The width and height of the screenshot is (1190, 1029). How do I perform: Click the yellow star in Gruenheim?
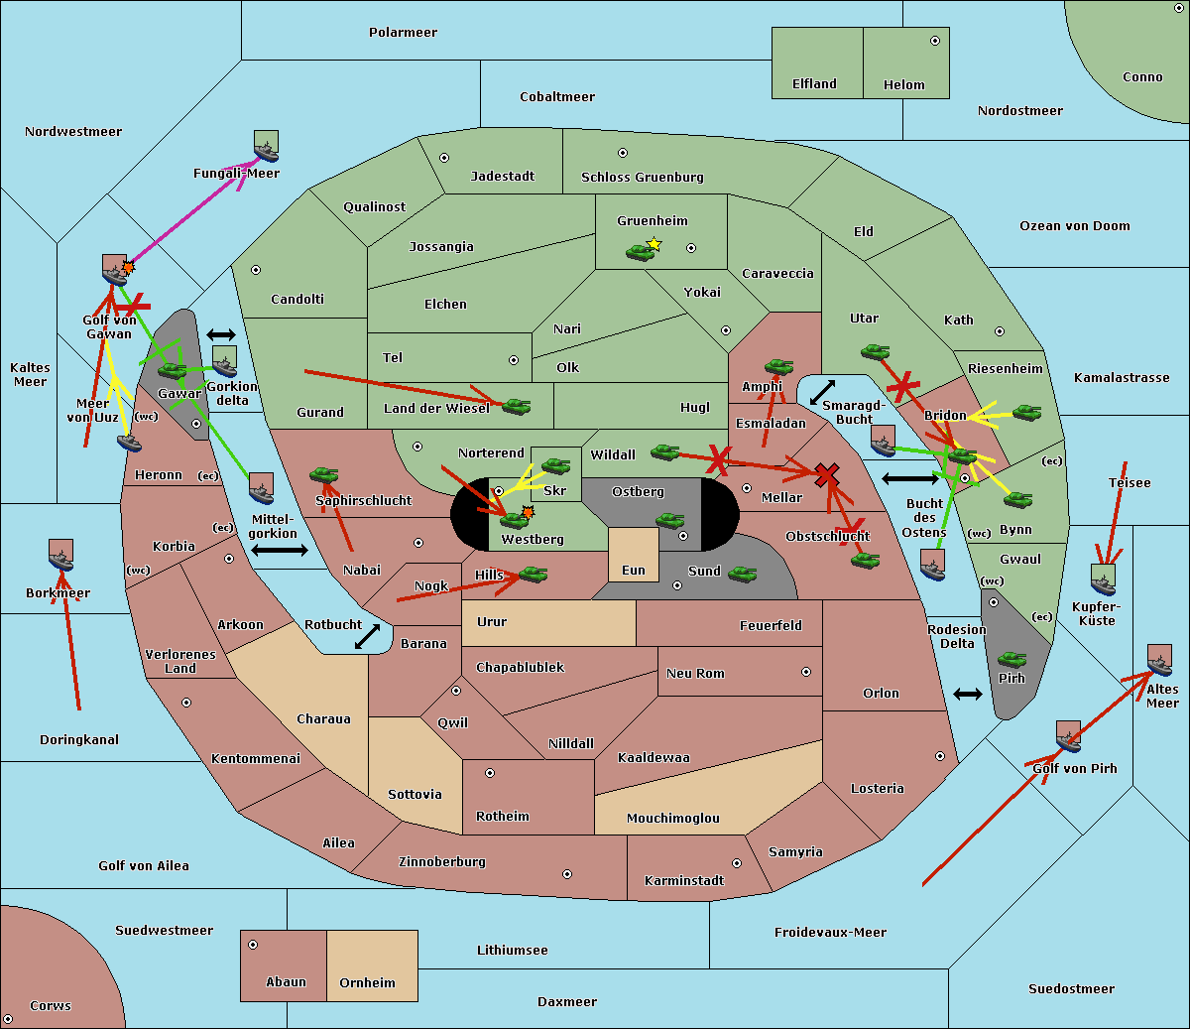click(654, 244)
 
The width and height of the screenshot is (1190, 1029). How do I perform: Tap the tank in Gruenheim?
click(641, 253)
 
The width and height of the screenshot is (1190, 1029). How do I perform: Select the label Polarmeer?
click(403, 33)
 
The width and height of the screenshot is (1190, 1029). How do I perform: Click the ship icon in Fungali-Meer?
click(266, 147)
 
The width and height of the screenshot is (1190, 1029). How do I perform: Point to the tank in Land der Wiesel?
click(516, 406)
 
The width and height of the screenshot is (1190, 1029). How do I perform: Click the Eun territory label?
click(634, 571)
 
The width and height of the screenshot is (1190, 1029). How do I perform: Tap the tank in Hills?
click(533, 575)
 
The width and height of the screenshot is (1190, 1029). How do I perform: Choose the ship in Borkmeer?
click(60, 556)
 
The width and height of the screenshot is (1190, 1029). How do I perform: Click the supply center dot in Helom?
click(934, 41)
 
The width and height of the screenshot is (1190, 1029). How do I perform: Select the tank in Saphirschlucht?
click(323, 476)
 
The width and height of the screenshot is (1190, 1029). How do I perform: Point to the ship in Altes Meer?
click(1159, 660)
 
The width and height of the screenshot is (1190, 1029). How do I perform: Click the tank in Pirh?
click(1011, 659)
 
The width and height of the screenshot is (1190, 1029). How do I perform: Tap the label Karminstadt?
click(684, 881)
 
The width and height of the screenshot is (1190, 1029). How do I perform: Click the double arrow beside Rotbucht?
click(367, 636)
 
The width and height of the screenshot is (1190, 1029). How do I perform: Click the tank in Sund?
click(742, 574)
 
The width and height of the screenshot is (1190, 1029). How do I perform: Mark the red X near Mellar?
click(825, 475)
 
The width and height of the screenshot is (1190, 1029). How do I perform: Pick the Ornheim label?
click(367, 983)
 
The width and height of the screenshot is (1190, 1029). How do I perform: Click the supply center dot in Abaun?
click(253, 945)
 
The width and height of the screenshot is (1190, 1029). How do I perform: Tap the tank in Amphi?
click(778, 367)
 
